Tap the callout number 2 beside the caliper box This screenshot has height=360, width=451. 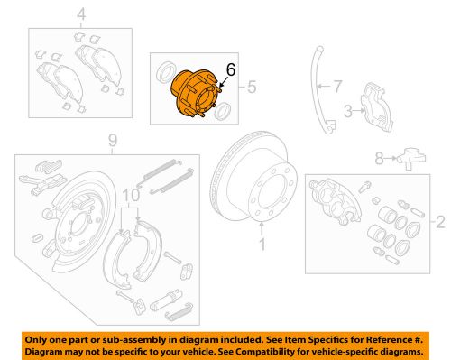[441, 220]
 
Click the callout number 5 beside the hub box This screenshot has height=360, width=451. [253, 88]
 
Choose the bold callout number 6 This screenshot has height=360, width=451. [230, 69]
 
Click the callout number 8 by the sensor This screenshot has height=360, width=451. [379, 159]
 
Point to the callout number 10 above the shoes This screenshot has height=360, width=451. [132, 195]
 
